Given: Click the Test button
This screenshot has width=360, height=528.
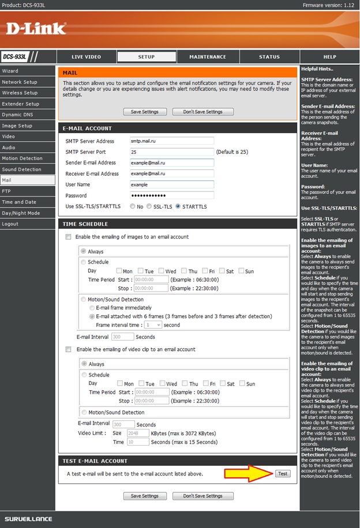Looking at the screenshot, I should coord(282,473).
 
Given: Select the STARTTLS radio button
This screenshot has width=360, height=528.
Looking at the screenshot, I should coord(178,206).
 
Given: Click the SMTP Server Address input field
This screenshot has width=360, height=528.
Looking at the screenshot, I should coord(172,141).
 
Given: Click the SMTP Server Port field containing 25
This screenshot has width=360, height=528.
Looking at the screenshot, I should coord(172,152).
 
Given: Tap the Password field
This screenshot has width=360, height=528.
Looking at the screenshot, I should coord(172,195).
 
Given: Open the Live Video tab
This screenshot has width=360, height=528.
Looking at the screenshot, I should coord(86,57).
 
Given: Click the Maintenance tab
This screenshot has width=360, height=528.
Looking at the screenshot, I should coord(208,57).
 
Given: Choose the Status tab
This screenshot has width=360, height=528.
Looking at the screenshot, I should coord(269,57).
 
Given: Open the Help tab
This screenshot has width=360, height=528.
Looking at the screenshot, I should coord(329,57).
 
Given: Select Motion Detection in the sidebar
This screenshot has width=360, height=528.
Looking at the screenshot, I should coord(22,159).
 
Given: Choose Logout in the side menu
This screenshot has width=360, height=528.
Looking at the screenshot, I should coord(10,224).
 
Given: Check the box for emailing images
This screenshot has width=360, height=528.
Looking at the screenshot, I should coord(69,237).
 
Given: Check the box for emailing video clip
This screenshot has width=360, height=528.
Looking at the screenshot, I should coord(69,349).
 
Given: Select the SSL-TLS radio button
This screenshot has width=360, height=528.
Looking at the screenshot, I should coord(149,206).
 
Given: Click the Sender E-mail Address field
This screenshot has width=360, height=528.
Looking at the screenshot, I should coord(172,163).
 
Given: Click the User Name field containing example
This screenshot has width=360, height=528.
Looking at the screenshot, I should coord(172,184).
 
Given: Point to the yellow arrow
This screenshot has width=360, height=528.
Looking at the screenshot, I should coord(246,474).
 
